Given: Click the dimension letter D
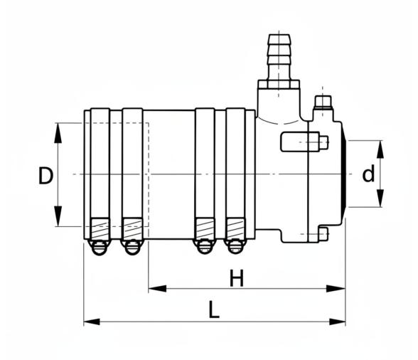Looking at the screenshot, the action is tap(45, 175).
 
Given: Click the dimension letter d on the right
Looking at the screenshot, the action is tap(368, 173).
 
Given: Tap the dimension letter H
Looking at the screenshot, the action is tap(237, 278).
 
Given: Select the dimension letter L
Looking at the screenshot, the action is tap(214, 309).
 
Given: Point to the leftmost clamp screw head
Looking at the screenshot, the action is tap(100, 248).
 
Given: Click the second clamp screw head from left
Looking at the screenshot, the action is tap(132, 248).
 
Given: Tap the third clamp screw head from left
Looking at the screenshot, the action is tap(205, 247).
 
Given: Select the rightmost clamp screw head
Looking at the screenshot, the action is tap(235, 247).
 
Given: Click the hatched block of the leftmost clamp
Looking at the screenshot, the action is tap(100, 228).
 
